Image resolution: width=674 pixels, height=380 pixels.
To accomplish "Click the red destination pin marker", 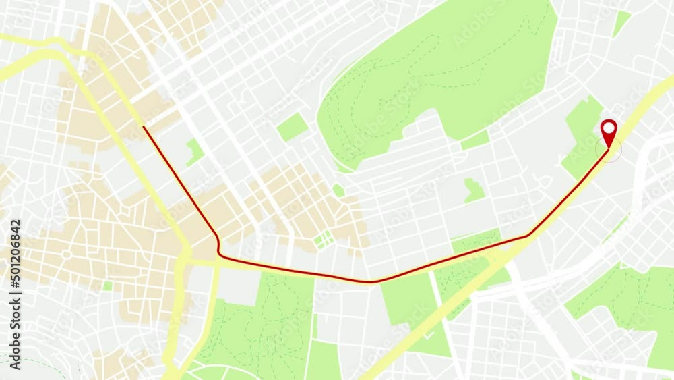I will click(x=609, y=133).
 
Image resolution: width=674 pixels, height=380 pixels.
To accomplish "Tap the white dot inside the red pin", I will click(x=609, y=127).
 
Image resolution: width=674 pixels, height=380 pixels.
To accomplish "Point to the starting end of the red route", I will click(x=144, y=126).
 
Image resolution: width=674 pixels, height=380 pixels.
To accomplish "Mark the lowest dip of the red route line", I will click(x=370, y=281).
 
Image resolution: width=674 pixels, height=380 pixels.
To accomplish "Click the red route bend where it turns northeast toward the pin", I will click(x=528, y=236).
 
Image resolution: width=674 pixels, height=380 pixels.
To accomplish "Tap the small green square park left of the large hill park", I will click(x=292, y=127).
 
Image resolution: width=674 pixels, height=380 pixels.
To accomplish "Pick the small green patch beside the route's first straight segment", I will click(x=195, y=151).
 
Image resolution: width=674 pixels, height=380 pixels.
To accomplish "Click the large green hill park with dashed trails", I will click(x=438, y=74).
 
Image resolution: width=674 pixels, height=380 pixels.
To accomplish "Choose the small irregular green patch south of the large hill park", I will click(x=474, y=190).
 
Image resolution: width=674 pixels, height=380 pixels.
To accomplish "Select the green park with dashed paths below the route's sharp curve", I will click(x=263, y=324).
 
